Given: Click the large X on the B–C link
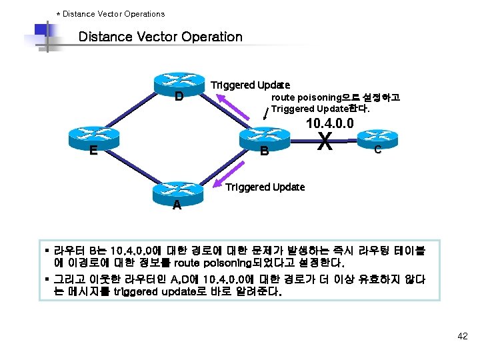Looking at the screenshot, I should (x=325, y=141).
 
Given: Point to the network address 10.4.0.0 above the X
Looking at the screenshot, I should (x=329, y=123).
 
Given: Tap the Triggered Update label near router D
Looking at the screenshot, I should (x=250, y=85).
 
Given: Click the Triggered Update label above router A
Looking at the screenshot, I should (x=265, y=187).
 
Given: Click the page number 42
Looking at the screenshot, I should (x=463, y=337).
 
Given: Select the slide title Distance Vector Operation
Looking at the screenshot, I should (x=160, y=37).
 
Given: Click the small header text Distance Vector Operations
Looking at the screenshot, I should (x=113, y=13).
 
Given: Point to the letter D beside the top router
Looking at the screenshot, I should (x=179, y=97).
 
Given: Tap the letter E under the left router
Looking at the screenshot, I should (x=94, y=151).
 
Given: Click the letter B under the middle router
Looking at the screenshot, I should (x=264, y=151).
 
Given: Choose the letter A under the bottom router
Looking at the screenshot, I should (x=176, y=205).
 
